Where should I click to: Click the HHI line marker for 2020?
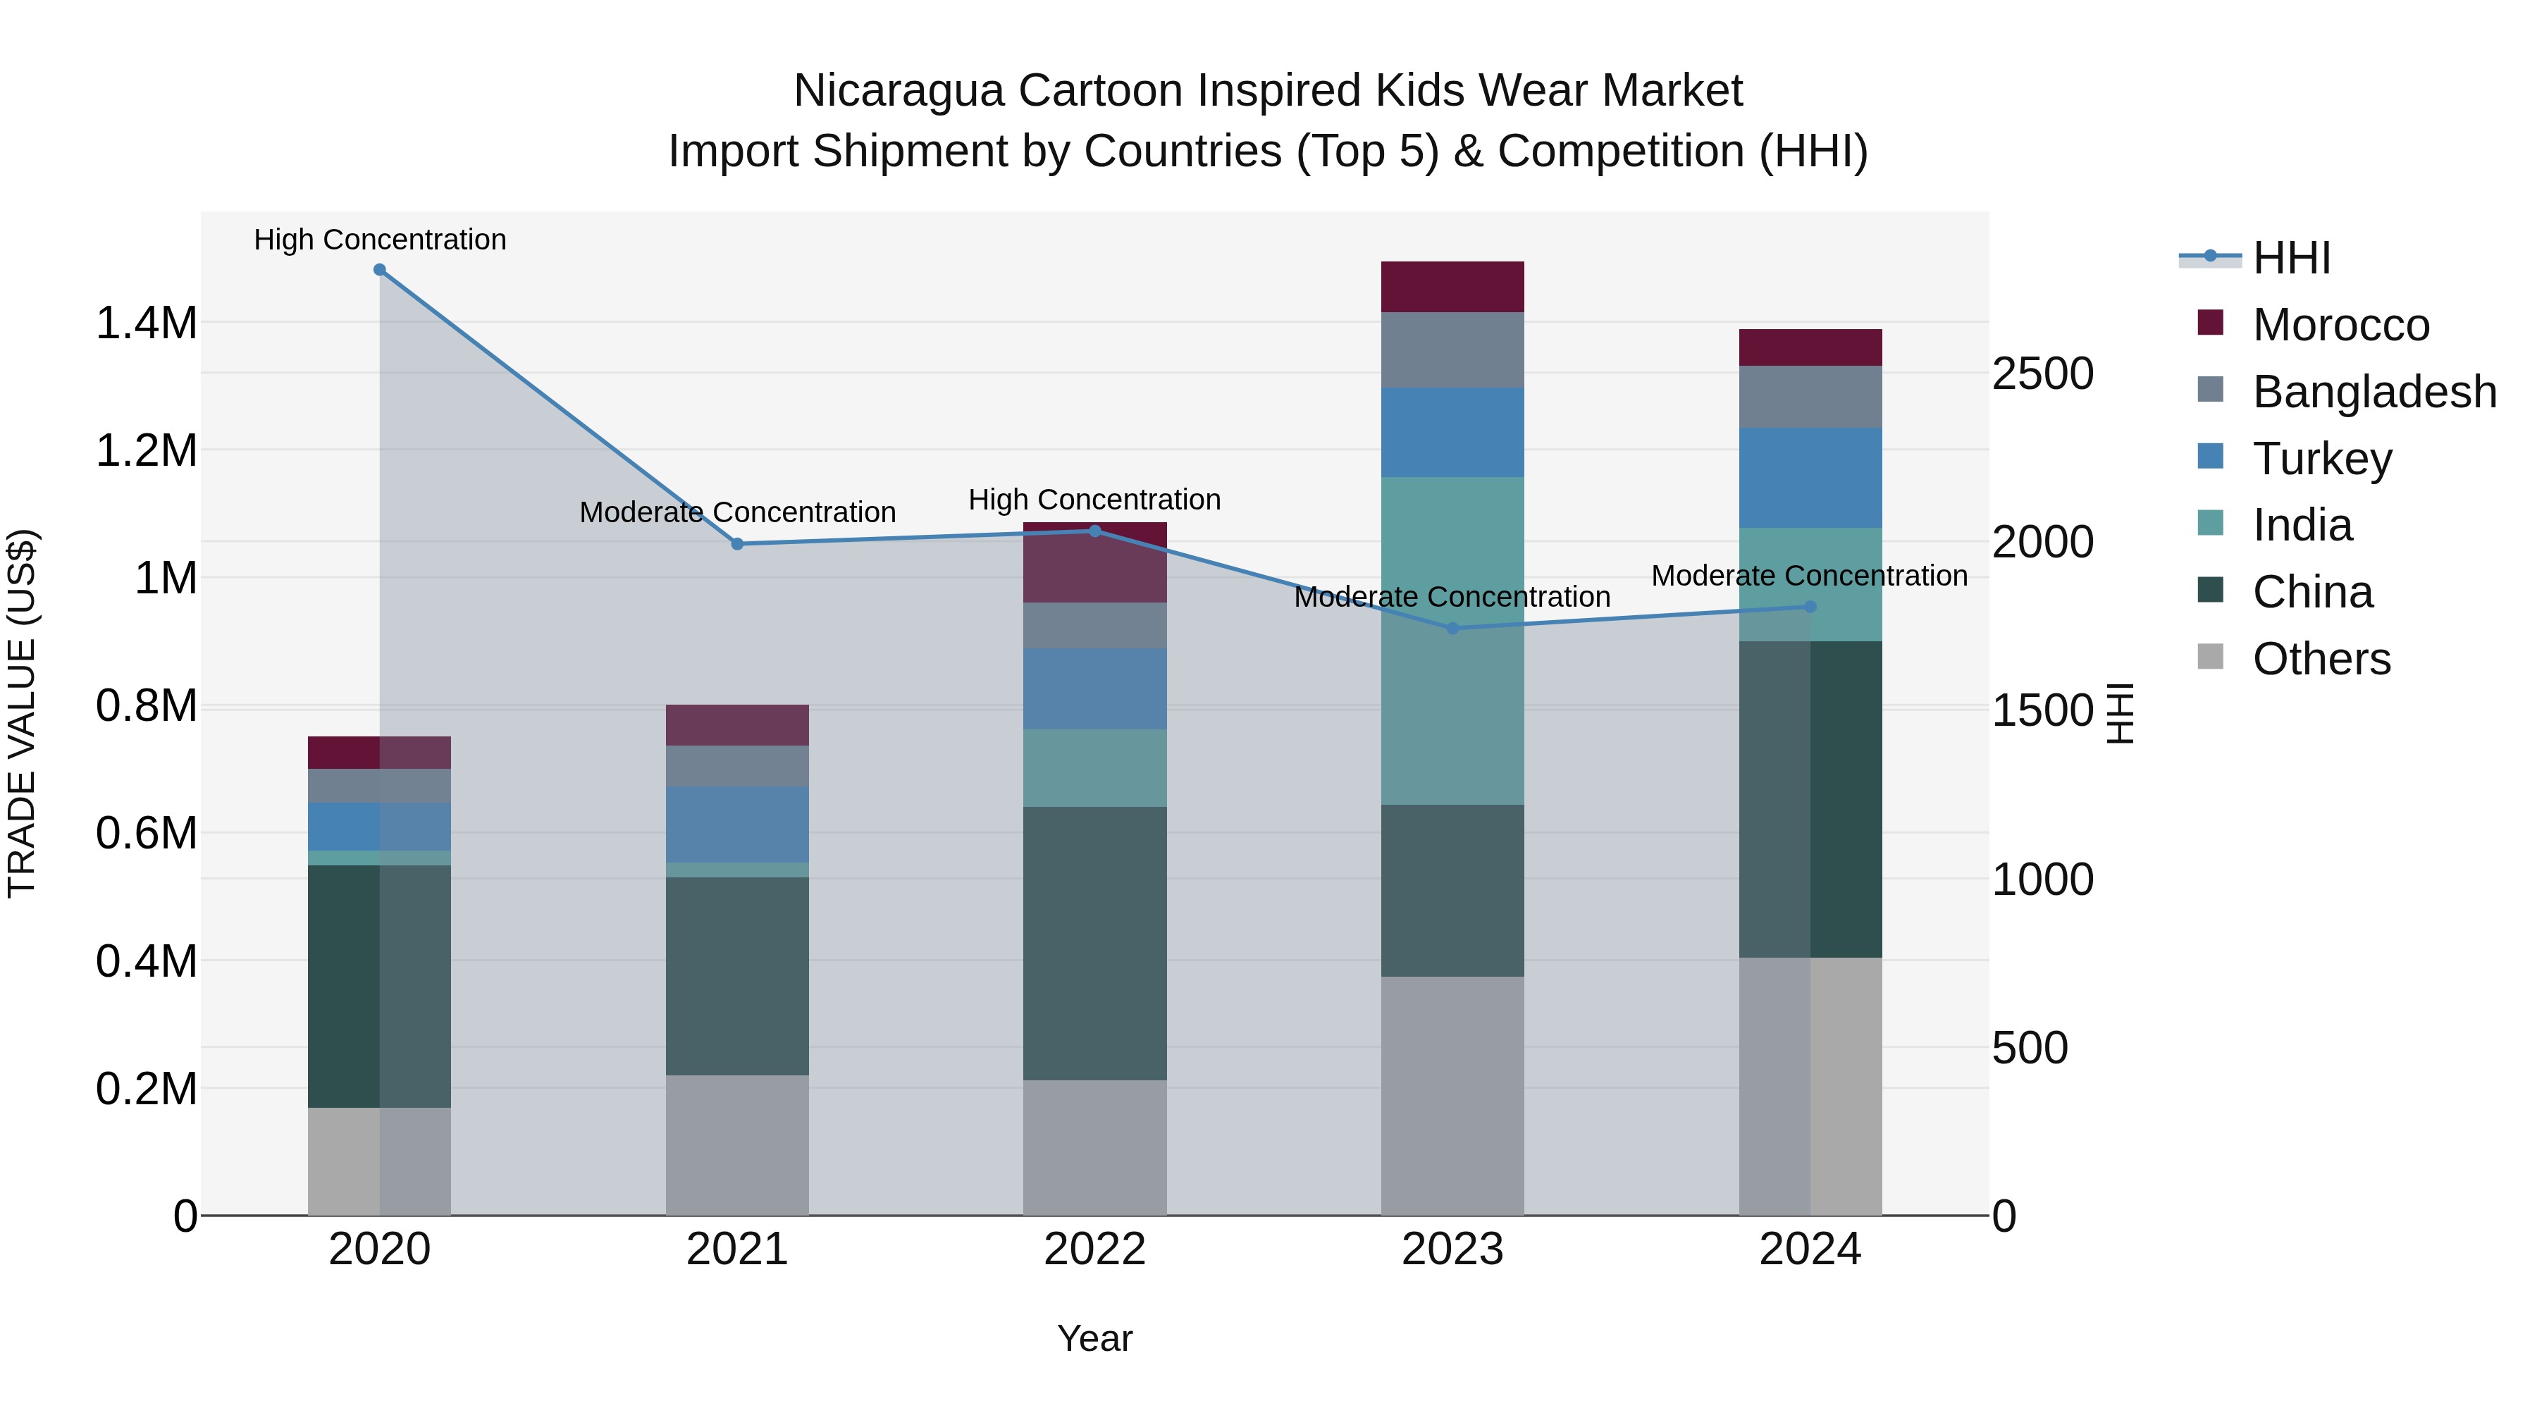coord(380,270)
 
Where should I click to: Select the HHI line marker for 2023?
coord(1452,629)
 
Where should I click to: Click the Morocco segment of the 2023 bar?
coord(1452,287)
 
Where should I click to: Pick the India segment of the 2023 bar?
coord(1452,640)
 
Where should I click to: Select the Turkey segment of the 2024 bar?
coord(1810,478)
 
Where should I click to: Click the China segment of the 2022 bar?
coord(1095,944)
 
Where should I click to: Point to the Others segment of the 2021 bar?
coord(738,1144)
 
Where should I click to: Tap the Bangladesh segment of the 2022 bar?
coord(1095,624)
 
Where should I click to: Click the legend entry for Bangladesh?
coord(2374,392)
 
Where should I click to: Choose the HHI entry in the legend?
coord(2291,258)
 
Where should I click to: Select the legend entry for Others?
coord(2321,659)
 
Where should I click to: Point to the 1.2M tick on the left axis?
coord(146,451)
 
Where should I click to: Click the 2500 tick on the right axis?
coord(2042,374)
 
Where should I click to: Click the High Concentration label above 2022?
coord(1094,500)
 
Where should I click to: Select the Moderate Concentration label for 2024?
coord(1809,576)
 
